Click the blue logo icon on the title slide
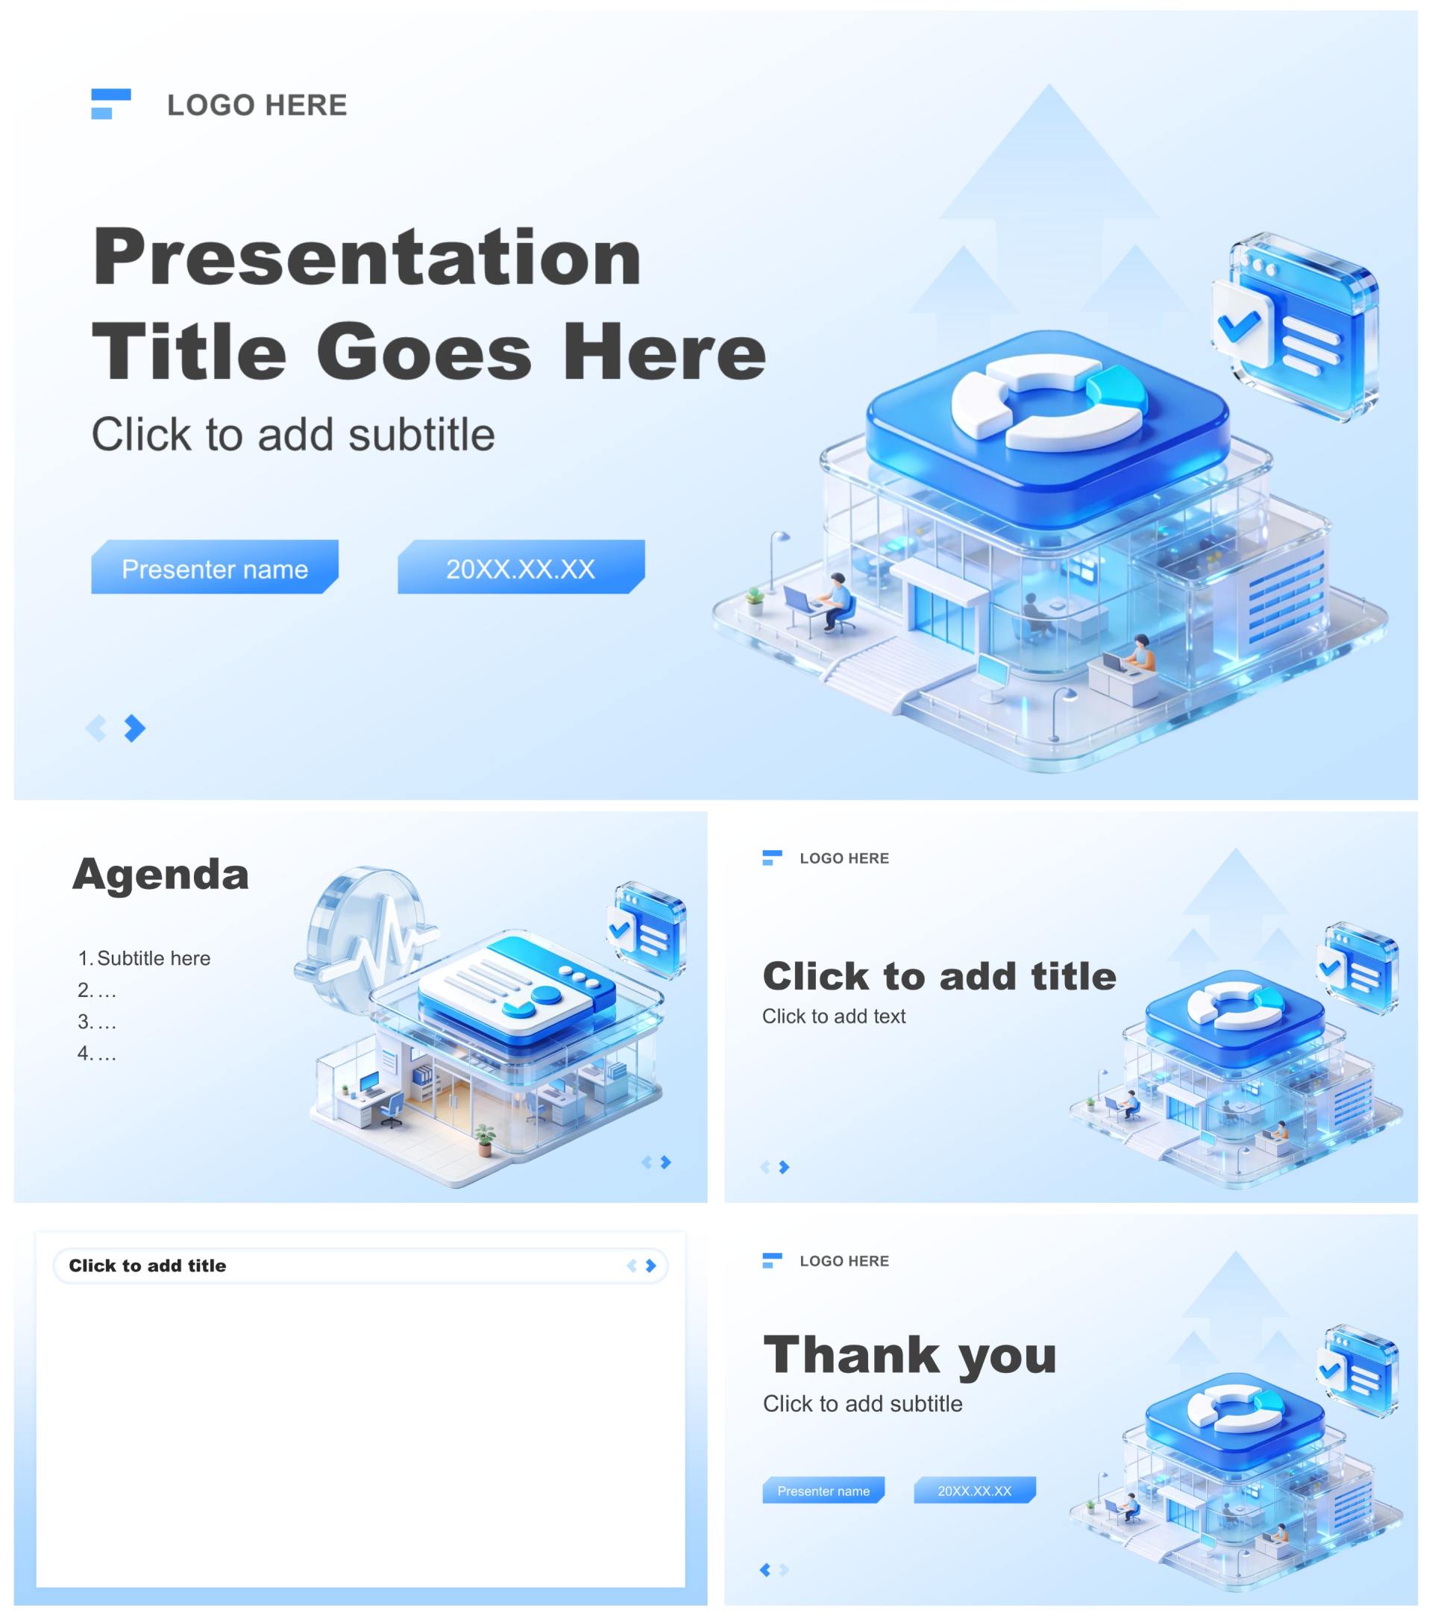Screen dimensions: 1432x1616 pos(110,104)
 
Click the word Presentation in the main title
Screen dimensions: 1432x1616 pos(367,258)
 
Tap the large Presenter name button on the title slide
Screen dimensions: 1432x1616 pos(214,567)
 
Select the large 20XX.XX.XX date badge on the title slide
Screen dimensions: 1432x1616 pos(521,567)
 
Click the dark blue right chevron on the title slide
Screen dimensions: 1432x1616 pos(135,727)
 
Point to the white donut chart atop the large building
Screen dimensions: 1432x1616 pos(1048,401)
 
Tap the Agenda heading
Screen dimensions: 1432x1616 pos(160,875)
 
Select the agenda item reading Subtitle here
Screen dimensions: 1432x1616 pos(154,958)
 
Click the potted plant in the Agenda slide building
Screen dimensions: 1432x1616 pos(485,1140)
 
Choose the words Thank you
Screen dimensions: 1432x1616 pos(910,1354)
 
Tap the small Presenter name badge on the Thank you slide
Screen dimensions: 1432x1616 pos(823,1490)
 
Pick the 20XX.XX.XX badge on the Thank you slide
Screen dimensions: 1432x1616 pos(974,1490)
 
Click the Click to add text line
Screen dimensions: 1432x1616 pos(833,1016)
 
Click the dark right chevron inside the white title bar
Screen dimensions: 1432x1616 pos(651,1265)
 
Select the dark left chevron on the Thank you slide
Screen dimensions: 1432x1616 pos(764,1569)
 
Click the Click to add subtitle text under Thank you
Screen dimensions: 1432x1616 pos(863,1403)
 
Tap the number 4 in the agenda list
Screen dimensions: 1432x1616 pos(83,1052)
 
